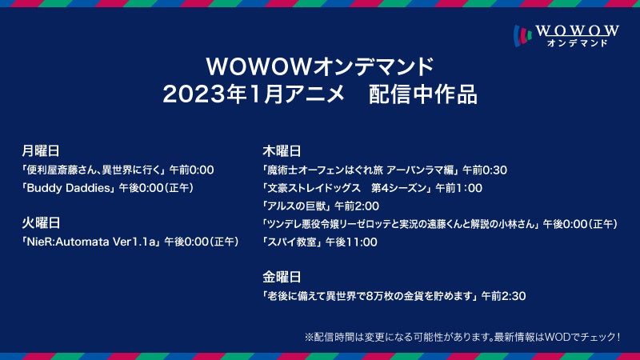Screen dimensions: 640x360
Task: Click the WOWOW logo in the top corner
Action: (x=566, y=36)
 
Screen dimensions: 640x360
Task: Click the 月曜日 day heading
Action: (x=41, y=151)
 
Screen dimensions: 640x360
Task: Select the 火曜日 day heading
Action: (x=41, y=223)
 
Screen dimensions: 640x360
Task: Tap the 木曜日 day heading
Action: (x=282, y=151)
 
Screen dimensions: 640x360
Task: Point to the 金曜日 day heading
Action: (x=282, y=277)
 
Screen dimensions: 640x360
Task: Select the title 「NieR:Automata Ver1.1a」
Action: (x=90, y=242)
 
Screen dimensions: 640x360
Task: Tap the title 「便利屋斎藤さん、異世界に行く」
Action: (x=94, y=170)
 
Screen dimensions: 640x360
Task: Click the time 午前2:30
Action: (x=504, y=296)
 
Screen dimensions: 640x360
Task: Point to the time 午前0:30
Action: (x=485, y=170)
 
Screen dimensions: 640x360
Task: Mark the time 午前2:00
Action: (x=357, y=206)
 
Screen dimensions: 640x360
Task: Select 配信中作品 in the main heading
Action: (x=423, y=94)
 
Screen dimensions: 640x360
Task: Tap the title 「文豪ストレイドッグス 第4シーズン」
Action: (x=347, y=188)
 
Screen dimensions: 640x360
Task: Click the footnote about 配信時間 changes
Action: (x=462, y=337)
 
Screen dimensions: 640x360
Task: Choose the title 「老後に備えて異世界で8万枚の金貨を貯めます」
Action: (x=370, y=296)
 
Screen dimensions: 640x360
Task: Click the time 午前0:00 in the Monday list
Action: (x=192, y=170)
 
